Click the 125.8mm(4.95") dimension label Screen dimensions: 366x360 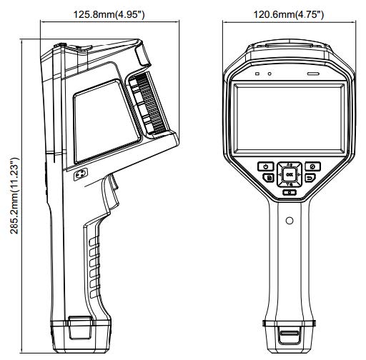[109, 14]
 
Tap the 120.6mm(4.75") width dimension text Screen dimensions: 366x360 [288, 14]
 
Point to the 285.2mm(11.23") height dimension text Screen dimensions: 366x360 [14, 196]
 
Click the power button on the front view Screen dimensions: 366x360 [266, 166]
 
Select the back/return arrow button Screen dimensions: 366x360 [310, 178]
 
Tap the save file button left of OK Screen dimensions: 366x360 [269, 178]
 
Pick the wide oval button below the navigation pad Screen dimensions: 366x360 [290, 192]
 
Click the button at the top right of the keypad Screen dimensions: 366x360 [313, 166]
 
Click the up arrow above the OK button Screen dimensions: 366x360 [289, 164]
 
